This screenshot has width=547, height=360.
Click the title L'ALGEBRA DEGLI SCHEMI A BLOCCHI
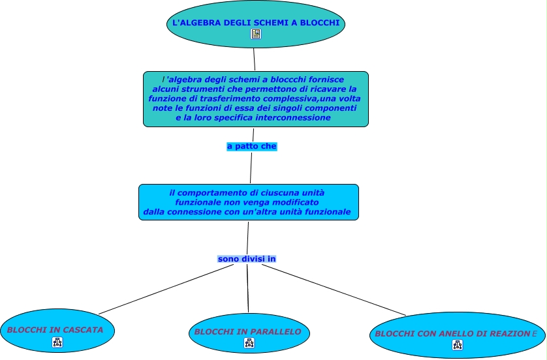coord(255,23)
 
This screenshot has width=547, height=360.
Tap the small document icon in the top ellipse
coord(256,35)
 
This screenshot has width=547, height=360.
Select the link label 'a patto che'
coord(252,147)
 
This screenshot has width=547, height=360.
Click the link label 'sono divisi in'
coord(247,259)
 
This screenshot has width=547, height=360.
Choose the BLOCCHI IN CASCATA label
coord(55,330)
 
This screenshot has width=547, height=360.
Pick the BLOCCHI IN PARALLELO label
coord(248,332)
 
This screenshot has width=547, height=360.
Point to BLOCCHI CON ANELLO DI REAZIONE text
coord(456,334)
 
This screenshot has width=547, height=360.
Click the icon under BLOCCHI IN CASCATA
coord(57,342)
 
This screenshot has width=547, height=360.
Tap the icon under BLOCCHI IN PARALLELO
coord(249,343)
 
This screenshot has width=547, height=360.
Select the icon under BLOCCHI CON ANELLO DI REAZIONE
coord(457,345)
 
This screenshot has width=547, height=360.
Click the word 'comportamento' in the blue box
coord(211,193)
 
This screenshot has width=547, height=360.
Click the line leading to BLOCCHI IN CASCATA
coord(163,290)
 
